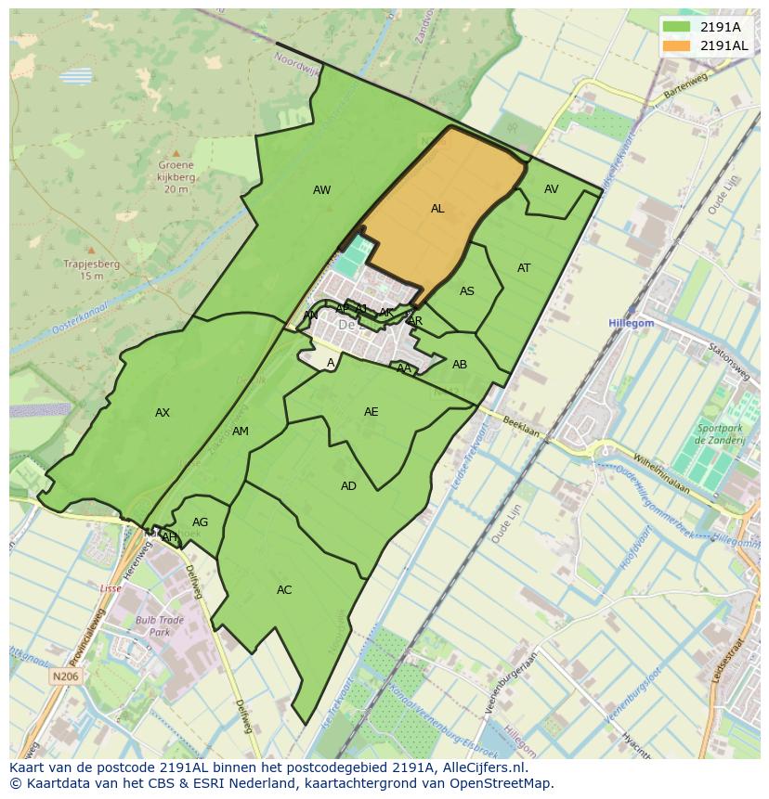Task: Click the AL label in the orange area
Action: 437,209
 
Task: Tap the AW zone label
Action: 321,190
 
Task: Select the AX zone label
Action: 163,413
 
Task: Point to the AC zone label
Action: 284,590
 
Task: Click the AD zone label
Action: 348,486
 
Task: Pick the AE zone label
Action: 371,412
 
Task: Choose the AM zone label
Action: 241,432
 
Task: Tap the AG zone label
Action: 201,522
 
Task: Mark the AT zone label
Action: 524,268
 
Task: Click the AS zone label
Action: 467,291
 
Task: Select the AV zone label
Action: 552,189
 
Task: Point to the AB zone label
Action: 460,365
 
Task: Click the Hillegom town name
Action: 632,323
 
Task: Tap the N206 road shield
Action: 65,677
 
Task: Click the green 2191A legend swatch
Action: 677,27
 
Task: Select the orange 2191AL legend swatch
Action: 677,45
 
